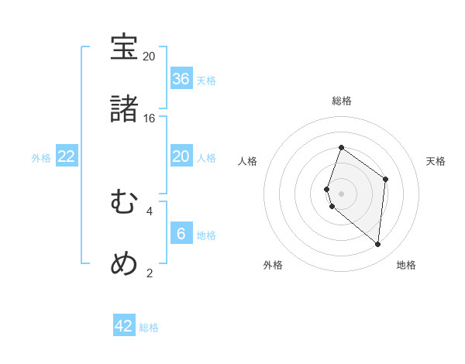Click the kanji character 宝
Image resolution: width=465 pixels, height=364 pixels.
pyautogui.click(x=124, y=47)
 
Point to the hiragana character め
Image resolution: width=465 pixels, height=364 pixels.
pyautogui.click(x=124, y=265)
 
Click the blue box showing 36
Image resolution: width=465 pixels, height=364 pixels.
pyautogui.click(x=181, y=79)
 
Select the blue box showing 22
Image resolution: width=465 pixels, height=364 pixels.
pyautogui.click(x=67, y=156)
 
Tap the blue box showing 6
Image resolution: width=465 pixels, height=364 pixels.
pyautogui.click(x=181, y=234)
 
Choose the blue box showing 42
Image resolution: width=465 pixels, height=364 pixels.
pyautogui.click(x=124, y=326)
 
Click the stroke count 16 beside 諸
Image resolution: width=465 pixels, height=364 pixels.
pyautogui.click(x=149, y=118)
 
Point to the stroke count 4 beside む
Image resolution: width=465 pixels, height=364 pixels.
pyautogui.click(x=150, y=211)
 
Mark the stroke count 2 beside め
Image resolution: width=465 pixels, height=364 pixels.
pyautogui.click(x=150, y=273)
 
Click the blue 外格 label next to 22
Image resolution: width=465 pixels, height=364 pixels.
pyautogui.click(x=41, y=158)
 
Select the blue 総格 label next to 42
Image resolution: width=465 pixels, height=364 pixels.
pyautogui.click(x=149, y=328)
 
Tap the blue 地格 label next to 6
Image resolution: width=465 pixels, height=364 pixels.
pyautogui.click(x=206, y=235)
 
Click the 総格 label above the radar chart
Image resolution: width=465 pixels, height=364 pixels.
pyautogui.click(x=342, y=101)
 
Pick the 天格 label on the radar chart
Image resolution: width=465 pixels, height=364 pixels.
pyautogui.click(x=436, y=161)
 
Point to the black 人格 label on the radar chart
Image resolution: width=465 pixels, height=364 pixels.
pyautogui.click(x=247, y=161)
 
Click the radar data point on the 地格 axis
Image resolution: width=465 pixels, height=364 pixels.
pyautogui.click(x=378, y=244)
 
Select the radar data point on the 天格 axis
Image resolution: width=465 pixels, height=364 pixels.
pyautogui.click(x=385, y=179)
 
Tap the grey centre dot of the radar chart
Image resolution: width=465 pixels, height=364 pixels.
pyautogui.click(x=342, y=193)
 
